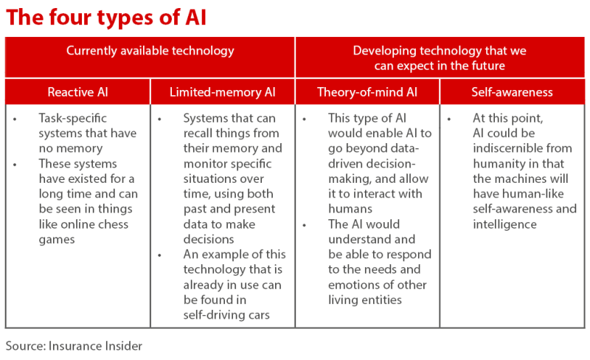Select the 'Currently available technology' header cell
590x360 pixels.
click(150, 51)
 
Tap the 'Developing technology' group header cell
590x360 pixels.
click(439, 58)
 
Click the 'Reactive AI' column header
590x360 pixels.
click(77, 92)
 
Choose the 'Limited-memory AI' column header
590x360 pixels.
click(222, 92)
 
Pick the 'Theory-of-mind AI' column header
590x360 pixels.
click(367, 92)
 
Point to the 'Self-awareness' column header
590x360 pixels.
click(512, 92)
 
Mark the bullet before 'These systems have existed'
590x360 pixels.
click(15, 164)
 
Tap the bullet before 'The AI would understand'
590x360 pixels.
click(305, 224)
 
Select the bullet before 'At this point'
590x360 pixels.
click(449, 118)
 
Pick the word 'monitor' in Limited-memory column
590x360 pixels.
click(205, 164)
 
